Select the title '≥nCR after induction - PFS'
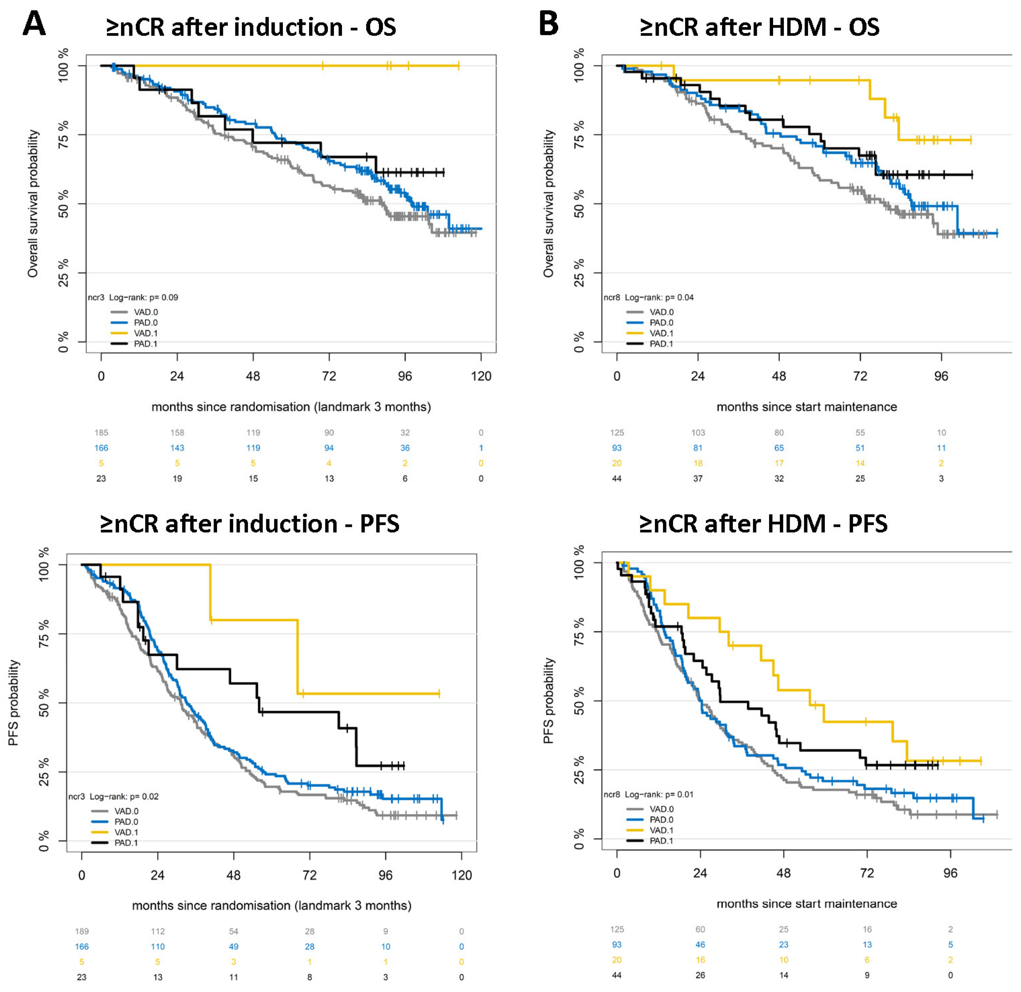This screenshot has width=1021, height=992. click(x=250, y=524)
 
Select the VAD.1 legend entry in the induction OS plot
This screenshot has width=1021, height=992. click(x=134, y=333)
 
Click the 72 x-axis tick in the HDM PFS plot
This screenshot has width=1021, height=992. click(x=867, y=873)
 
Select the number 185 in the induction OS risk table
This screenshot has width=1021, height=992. click(x=101, y=432)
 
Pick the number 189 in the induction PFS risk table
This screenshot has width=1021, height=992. click(x=82, y=931)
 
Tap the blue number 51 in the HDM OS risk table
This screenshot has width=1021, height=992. click(x=860, y=447)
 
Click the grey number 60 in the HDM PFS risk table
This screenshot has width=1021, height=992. click(x=700, y=929)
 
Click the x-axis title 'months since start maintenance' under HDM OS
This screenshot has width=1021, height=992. click(x=806, y=407)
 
